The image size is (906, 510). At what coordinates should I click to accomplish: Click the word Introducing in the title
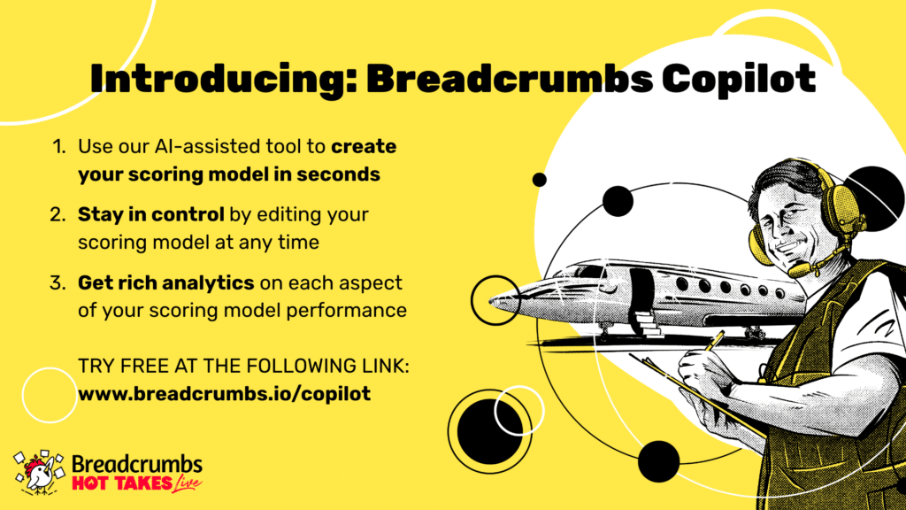[224, 79]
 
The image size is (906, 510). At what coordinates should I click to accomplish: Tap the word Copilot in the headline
[739, 79]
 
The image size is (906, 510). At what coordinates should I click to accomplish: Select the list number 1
[58, 146]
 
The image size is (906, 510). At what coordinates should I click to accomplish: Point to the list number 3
[58, 282]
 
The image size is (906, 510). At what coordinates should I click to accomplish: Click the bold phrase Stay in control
[150, 214]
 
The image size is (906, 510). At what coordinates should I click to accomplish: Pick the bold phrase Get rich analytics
[165, 282]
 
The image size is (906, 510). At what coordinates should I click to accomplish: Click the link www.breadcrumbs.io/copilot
[224, 394]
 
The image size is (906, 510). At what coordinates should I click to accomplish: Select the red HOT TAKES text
[122, 483]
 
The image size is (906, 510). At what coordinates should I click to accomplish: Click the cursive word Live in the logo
[186, 484]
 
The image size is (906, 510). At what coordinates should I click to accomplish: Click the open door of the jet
[641, 292]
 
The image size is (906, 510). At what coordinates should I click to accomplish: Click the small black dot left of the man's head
[539, 180]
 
